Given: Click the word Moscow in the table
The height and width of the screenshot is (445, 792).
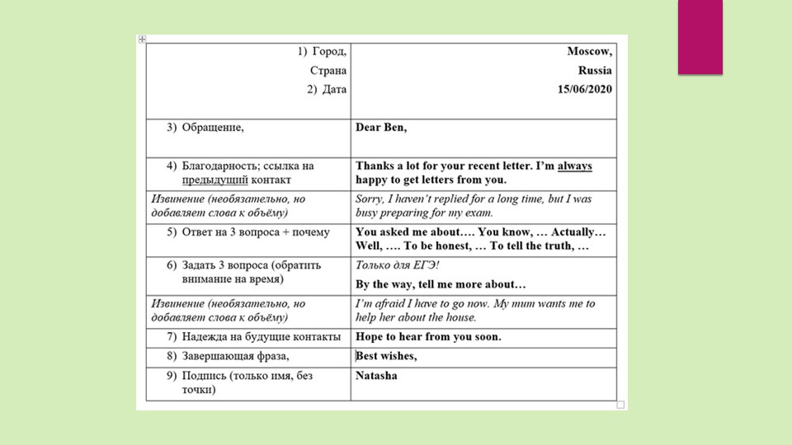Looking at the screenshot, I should pyautogui.click(x=589, y=51).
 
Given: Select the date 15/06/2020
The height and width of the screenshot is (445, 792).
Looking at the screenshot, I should pyautogui.click(x=584, y=89).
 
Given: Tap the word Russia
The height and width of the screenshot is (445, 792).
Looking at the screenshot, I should pyautogui.click(x=595, y=70).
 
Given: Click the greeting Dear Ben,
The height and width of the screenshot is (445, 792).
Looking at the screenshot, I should pyautogui.click(x=381, y=128).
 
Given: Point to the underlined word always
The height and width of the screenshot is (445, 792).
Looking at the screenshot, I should pyautogui.click(x=575, y=166).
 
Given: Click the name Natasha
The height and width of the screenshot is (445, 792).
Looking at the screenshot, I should pyautogui.click(x=376, y=376).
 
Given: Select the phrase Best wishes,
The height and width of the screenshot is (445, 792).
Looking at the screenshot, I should pyautogui.click(x=387, y=356).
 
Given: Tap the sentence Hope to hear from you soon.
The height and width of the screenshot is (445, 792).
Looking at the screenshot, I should pyautogui.click(x=428, y=337).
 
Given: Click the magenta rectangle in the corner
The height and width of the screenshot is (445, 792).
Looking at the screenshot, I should pyautogui.click(x=700, y=37).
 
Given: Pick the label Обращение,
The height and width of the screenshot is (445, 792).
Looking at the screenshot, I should pyautogui.click(x=213, y=128).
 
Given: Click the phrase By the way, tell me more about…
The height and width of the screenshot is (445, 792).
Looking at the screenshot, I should pyautogui.click(x=441, y=284).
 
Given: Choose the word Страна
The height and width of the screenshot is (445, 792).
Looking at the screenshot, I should pyautogui.click(x=328, y=71).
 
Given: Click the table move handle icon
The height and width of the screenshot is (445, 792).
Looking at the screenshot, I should pyautogui.click(x=142, y=39).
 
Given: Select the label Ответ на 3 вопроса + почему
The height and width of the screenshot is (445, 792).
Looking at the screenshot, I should pyautogui.click(x=256, y=232).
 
